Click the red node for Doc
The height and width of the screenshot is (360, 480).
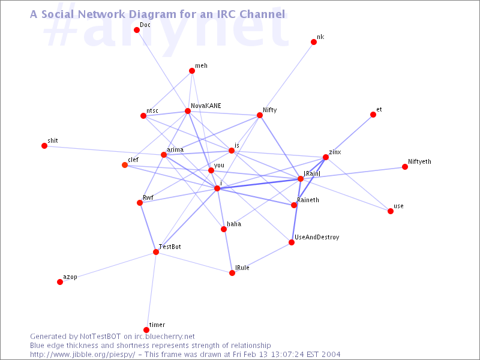tap(137, 30)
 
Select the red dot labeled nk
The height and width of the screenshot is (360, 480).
tap(313, 42)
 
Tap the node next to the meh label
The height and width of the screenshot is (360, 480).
tap(192, 71)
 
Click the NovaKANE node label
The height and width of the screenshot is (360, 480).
tap(206, 106)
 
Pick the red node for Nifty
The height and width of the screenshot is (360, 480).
tap(260, 115)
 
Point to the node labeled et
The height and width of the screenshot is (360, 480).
tap(373, 115)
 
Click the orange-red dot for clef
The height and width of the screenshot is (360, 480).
tap(125, 165)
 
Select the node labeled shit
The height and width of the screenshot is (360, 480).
tap(44, 146)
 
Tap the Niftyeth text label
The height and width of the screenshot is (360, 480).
tap(419, 161)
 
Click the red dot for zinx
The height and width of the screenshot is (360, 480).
tap(326, 157)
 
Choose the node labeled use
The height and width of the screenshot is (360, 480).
tap(391, 211)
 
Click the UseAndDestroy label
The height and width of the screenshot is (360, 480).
tap(317, 237)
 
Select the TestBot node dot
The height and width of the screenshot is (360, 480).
tap(156, 252)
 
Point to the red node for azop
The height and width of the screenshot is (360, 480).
tap(60, 282)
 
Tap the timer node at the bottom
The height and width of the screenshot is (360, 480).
tap(146, 330)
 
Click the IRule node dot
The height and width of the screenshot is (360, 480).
tap(232, 273)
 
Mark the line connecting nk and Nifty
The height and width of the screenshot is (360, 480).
tap(287, 79)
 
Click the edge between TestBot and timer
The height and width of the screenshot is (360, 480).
tap(151, 291)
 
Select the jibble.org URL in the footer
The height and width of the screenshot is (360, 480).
tap(82, 355)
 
